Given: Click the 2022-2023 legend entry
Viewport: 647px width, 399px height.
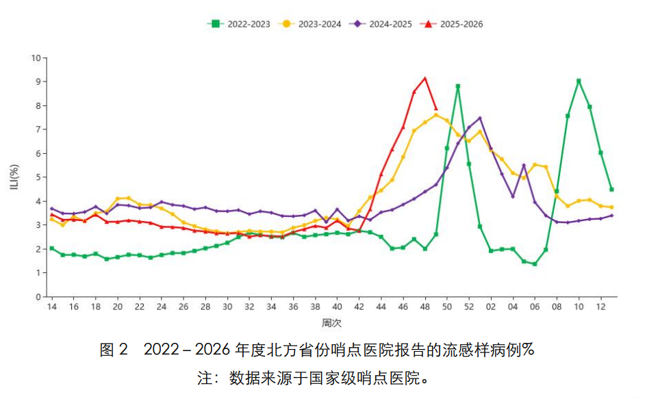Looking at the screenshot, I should [239, 24].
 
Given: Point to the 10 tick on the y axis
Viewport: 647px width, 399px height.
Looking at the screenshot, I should [36, 57].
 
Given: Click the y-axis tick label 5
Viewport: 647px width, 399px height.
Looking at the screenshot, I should [38, 177].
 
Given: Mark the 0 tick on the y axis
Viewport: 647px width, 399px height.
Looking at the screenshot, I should [38, 297].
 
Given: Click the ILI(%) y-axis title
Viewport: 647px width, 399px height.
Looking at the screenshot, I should [14, 177].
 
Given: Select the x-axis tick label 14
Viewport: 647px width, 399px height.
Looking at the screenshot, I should [51, 307].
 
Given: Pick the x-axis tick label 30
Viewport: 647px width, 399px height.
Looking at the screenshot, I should [227, 307].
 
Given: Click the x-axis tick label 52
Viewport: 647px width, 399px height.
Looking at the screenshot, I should [469, 307].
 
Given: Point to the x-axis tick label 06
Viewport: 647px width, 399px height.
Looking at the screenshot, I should [535, 307].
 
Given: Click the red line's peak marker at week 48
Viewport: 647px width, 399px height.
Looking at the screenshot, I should [425, 78].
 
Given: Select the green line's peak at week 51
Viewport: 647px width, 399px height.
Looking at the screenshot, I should [458, 86].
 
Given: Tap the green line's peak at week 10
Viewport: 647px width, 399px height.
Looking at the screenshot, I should [579, 81].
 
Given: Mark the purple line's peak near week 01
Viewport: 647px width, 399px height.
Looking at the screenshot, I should [480, 118].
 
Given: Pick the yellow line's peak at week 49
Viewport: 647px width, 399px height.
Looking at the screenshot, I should [436, 115].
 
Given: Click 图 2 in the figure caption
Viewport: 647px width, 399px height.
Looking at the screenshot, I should [114, 350].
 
